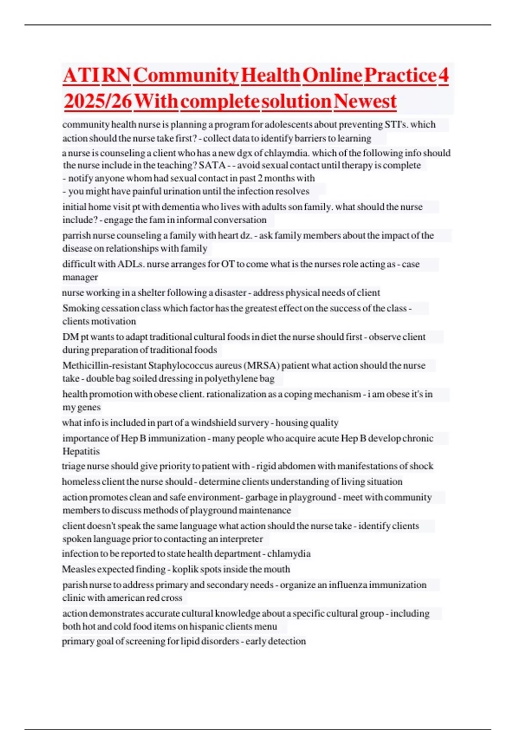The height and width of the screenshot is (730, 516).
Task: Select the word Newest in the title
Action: (365, 101)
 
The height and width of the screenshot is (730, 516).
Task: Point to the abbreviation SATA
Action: (212, 165)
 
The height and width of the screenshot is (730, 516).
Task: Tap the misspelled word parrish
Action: (76, 235)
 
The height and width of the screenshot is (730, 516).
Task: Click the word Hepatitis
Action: (81, 451)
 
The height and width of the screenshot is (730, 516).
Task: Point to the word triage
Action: (73, 466)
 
